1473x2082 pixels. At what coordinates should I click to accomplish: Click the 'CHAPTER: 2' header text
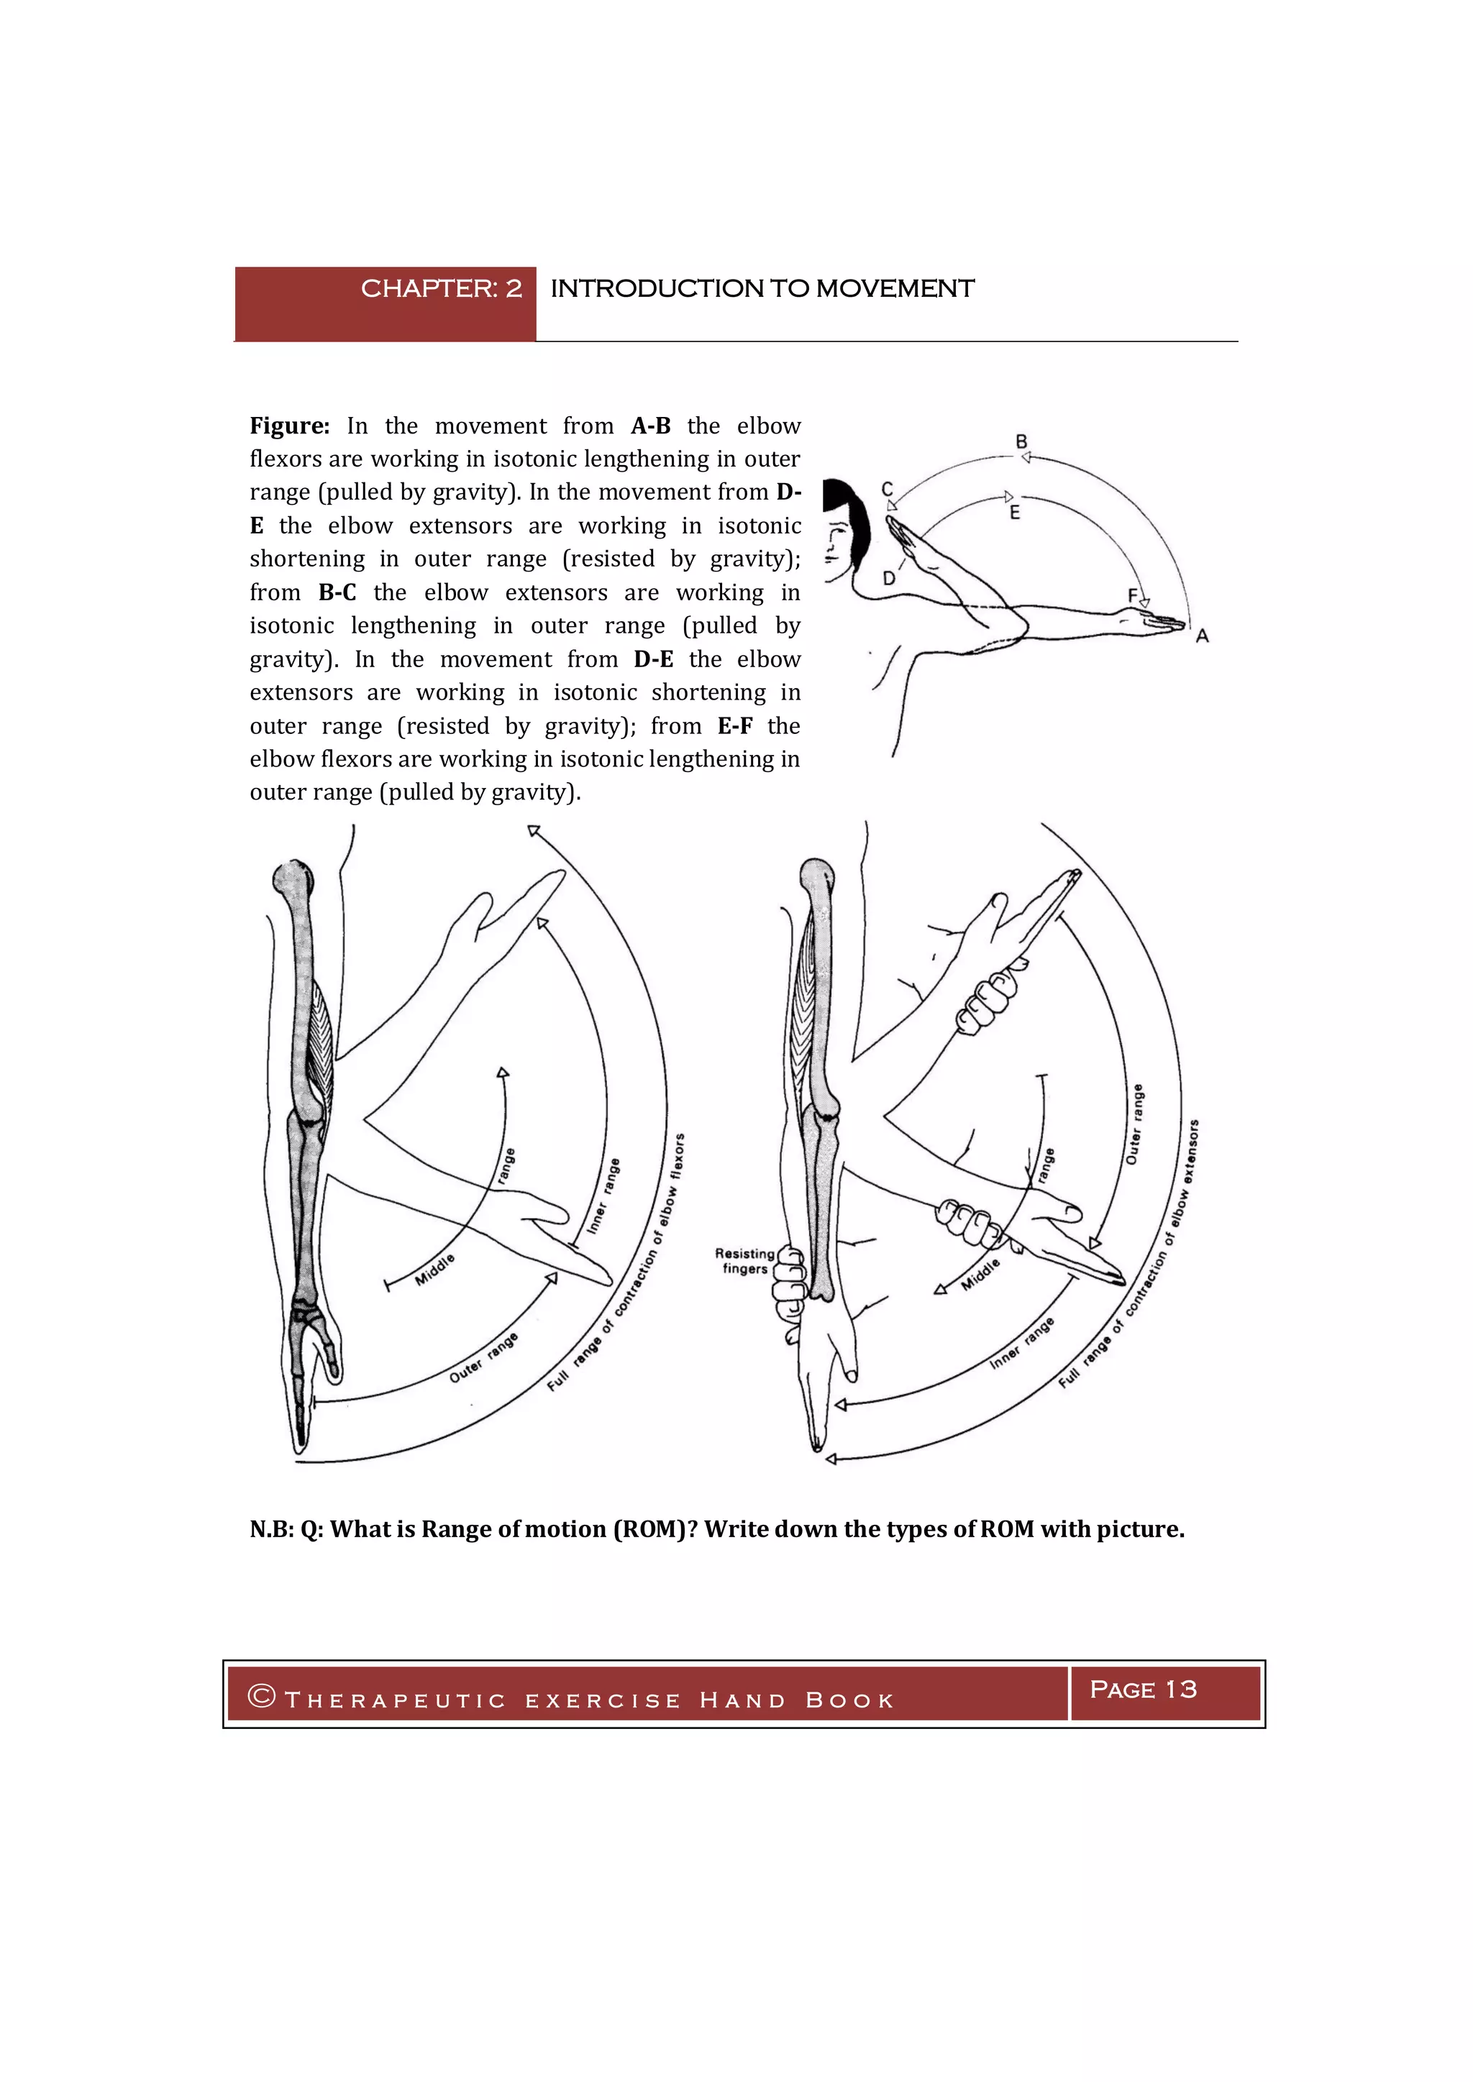(x=441, y=288)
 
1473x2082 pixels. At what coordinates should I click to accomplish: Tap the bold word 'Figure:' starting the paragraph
(x=289, y=426)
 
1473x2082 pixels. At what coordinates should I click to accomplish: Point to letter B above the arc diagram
(x=1021, y=441)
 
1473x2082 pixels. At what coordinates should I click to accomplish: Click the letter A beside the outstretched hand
(x=1202, y=636)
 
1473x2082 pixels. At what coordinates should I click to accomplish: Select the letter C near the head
(x=887, y=490)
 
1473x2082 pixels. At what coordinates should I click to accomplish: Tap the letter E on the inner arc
(x=1015, y=513)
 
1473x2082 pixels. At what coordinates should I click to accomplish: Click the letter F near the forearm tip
(x=1132, y=595)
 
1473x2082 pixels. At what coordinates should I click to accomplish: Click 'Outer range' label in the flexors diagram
(x=483, y=1357)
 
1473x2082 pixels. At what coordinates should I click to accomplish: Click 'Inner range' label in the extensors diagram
(x=1021, y=1343)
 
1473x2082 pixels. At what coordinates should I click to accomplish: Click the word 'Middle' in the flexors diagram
(x=434, y=1270)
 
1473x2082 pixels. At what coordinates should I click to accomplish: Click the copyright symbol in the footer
(x=261, y=1696)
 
